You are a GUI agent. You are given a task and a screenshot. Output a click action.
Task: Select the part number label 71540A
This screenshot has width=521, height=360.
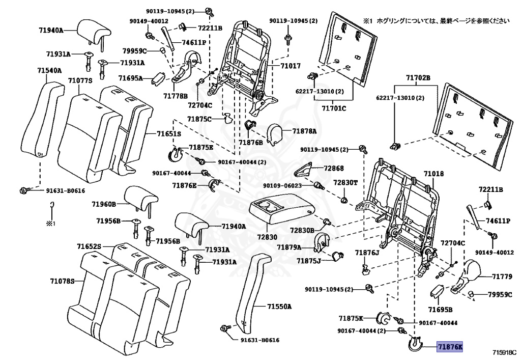pyautogui.click(x=49, y=70)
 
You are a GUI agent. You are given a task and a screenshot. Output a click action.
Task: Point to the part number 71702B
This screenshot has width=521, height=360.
pyautogui.click(x=418, y=78)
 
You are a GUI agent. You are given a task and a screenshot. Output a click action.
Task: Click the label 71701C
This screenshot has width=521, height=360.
pyautogui.click(x=334, y=108)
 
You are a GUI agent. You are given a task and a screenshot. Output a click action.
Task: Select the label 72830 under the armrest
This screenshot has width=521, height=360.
pyautogui.click(x=266, y=237)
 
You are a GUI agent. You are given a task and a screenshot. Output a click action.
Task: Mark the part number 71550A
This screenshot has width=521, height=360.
pyautogui.click(x=279, y=307)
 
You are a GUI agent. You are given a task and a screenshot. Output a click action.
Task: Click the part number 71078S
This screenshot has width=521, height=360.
pyautogui.click(x=62, y=281)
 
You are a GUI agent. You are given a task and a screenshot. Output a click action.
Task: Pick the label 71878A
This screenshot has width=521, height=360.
pyautogui.click(x=304, y=131)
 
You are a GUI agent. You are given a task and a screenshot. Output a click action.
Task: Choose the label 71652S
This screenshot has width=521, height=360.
pyautogui.click(x=90, y=246)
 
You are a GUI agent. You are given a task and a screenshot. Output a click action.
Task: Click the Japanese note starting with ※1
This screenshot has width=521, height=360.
pyautogui.click(x=436, y=21)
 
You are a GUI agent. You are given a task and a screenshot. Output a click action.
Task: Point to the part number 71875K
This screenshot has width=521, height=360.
pyautogui.click(x=351, y=318)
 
